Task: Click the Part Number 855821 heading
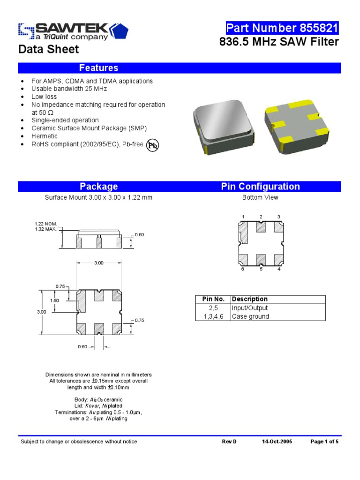click(282, 28)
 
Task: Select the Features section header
click(98, 68)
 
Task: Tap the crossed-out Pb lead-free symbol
click(153, 145)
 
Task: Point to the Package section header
click(98, 187)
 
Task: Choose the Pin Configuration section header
click(260, 187)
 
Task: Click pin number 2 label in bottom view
click(261, 217)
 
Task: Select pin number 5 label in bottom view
click(261, 269)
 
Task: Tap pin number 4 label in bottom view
click(279, 269)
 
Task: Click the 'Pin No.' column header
click(213, 299)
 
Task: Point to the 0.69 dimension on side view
click(139, 234)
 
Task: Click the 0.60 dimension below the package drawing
click(82, 347)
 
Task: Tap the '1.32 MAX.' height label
click(45, 229)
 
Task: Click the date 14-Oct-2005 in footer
click(277, 442)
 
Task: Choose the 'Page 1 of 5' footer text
click(324, 442)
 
